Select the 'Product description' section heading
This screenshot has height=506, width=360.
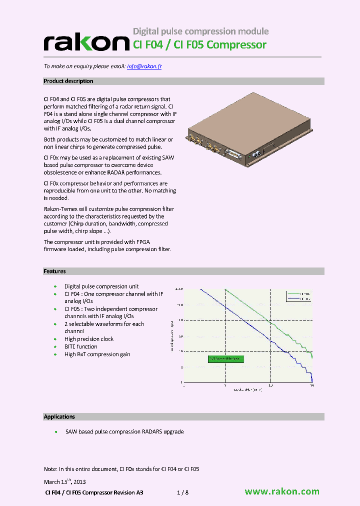point(68,81)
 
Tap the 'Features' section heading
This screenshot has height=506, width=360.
point(54,271)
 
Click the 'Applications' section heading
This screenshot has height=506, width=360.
point(59,416)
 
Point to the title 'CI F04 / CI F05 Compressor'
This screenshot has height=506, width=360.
point(199,45)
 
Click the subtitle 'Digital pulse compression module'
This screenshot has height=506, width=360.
point(200,31)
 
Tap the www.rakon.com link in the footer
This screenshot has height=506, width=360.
point(282,491)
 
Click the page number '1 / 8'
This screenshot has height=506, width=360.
point(183,492)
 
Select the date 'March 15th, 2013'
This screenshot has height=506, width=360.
point(65,482)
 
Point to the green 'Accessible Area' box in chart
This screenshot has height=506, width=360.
point(224,358)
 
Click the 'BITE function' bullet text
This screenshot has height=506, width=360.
point(81,346)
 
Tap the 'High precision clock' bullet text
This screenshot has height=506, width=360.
point(89,339)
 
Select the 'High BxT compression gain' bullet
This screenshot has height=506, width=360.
point(97,354)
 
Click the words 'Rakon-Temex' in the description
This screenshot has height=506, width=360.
point(60,209)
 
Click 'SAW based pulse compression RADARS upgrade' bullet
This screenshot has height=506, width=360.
point(124,431)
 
